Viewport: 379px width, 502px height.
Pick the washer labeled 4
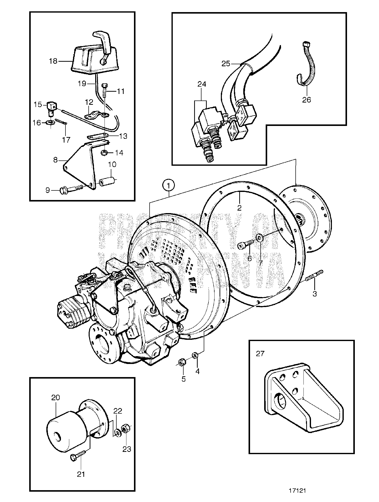click(x=195, y=355)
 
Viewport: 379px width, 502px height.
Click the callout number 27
click(x=260, y=354)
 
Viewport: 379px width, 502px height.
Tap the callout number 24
click(x=202, y=84)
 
